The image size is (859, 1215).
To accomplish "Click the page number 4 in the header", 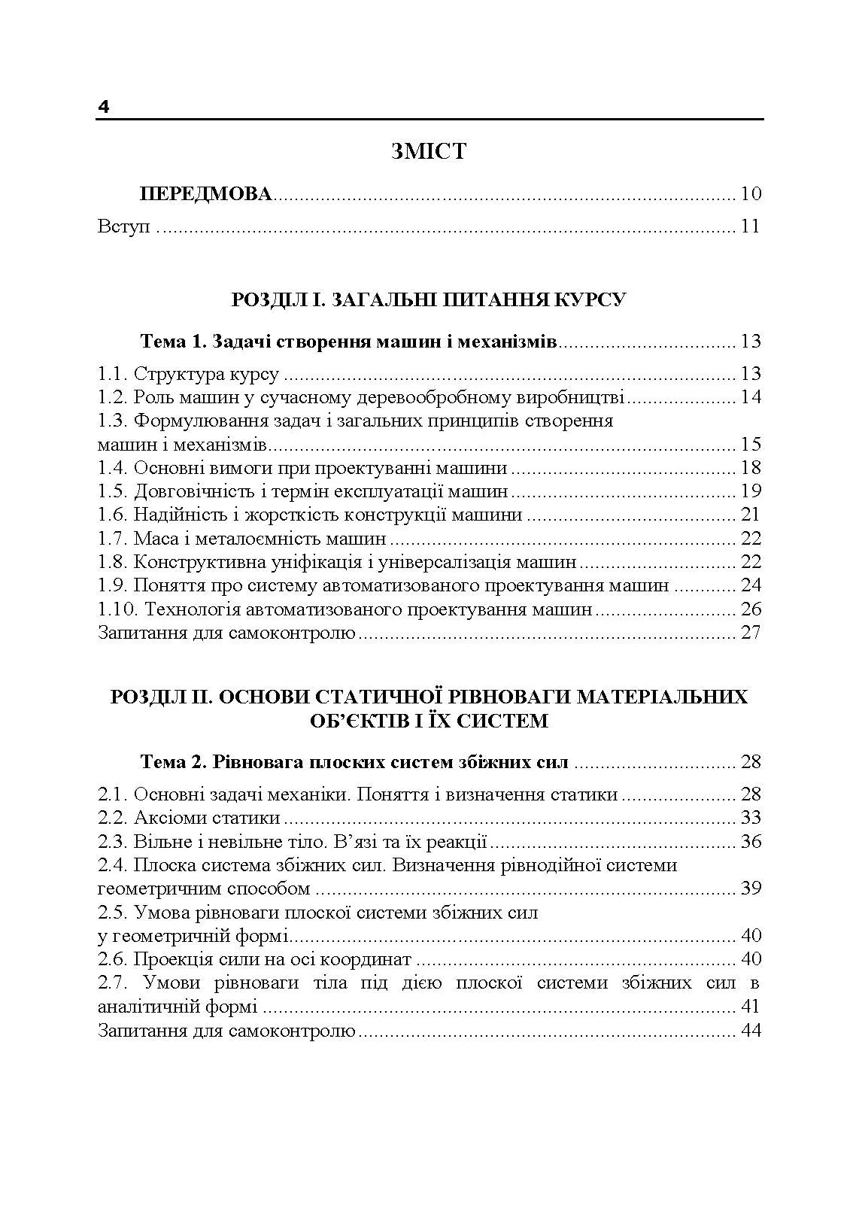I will [104, 108].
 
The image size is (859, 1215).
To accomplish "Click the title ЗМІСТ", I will [429, 151].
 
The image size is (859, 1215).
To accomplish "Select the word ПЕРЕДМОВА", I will [205, 194].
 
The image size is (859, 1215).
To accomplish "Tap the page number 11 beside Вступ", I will [750, 226].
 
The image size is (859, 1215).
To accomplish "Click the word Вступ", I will [124, 227].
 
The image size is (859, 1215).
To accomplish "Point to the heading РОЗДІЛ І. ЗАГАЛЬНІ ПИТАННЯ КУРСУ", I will [429, 299].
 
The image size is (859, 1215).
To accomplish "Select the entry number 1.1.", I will [113, 374].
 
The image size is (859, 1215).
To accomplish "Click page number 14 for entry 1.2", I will [751, 397].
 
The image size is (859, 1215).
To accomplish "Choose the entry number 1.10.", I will [117, 609].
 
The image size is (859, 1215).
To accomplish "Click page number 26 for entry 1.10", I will [751, 609].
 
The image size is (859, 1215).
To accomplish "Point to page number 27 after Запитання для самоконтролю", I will [751, 633].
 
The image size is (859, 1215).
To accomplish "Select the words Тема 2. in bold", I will [173, 762].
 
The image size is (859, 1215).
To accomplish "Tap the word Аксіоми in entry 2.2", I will [170, 818].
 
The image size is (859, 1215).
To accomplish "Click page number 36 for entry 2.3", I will [751, 841].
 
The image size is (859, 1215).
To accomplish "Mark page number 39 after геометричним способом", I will [751, 888].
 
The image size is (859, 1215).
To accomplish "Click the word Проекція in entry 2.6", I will [173, 959].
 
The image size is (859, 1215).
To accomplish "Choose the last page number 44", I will [751, 1030].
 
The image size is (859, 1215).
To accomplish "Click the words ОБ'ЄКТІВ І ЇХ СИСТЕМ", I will [429, 721].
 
